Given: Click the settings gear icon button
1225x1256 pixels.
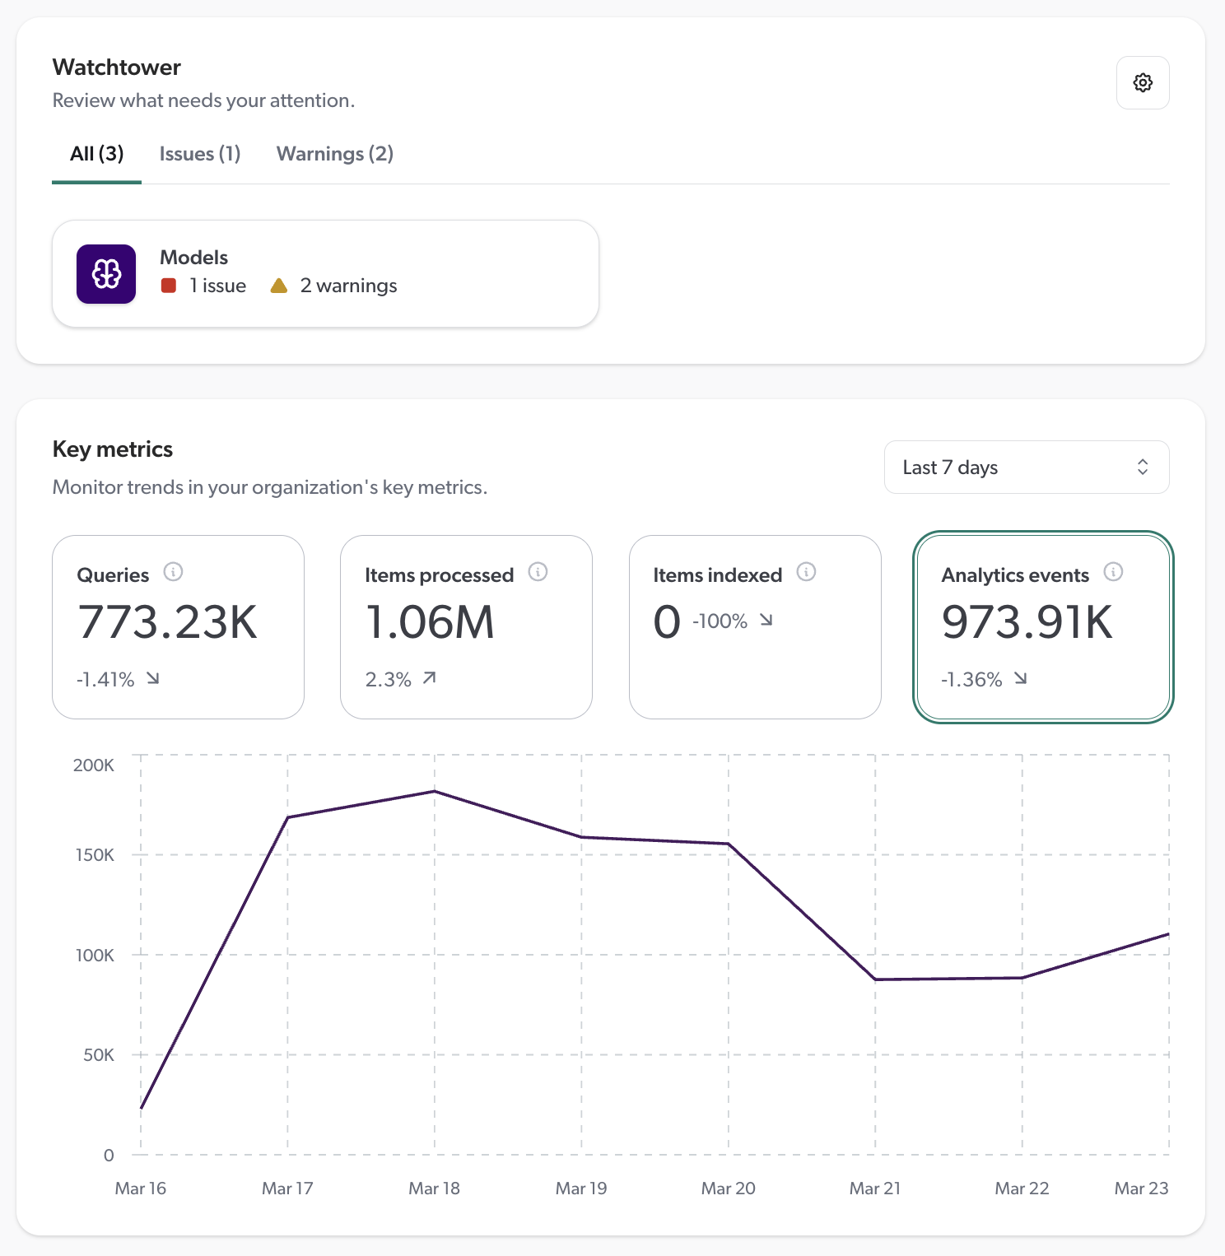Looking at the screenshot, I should [x=1143, y=82].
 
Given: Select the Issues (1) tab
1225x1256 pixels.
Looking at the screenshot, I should [x=200, y=154].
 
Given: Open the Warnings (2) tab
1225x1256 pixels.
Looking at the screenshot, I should [x=334, y=154].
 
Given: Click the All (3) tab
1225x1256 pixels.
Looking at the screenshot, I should [x=96, y=154].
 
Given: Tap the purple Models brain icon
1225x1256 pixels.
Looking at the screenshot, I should [x=106, y=274].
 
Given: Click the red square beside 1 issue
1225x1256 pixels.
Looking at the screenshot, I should [x=169, y=286].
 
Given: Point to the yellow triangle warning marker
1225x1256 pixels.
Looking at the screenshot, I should [x=279, y=286].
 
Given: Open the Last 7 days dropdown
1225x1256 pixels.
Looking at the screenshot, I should [x=1026, y=468].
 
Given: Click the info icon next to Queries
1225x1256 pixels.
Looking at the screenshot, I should [x=173, y=572].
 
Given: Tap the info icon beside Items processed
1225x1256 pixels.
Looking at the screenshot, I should [x=538, y=572].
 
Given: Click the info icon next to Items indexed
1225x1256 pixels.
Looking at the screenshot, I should [x=806, y=572].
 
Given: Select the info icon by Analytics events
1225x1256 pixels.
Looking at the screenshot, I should [x=1113, y=572].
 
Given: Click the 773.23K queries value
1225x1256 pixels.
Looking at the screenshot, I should [x=168, y=622].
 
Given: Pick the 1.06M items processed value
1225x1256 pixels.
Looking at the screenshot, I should [x=430, y=622].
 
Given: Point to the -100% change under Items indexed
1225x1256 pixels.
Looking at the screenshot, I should [x=720, y=621].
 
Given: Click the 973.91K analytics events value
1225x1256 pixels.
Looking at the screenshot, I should [x=1027, y=622].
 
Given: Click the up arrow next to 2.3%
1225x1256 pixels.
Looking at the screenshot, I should [x=429, y=678].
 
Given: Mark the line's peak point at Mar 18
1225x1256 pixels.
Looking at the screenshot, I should [x=435, y=792].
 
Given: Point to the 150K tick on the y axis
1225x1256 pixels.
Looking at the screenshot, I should [x=95, y=855].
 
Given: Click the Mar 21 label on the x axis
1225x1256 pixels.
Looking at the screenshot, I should [x=874, y=1189].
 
